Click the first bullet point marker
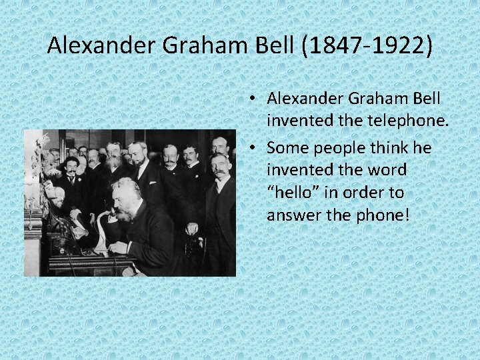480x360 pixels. point(256,99)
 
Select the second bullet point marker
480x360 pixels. point(256,147)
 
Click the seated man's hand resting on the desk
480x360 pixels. point(118,249)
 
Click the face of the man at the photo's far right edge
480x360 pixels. point(219,167)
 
